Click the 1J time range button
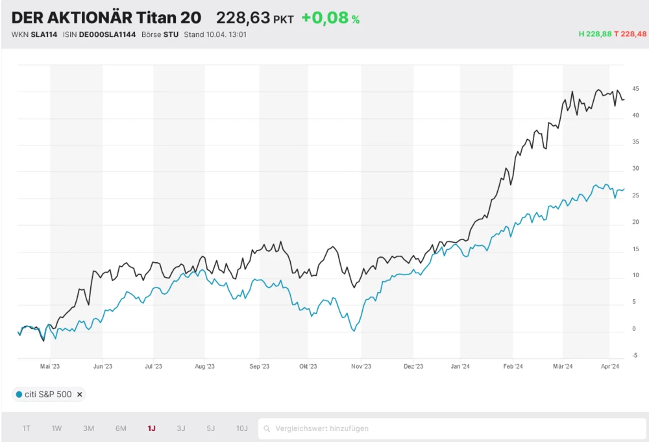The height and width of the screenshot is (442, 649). [x=151, y=428]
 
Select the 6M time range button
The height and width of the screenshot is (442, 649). [x=121, y=428]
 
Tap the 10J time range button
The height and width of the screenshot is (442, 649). [x=241, y=428]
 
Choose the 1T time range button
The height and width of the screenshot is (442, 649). [x=27, y=428]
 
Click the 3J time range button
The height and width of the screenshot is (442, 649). [x=181, y=428]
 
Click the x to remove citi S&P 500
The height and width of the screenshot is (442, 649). [x=79, y=394]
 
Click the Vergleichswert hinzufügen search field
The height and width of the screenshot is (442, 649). [x=448, y=428]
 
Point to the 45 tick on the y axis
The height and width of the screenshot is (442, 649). [x=635, y=89]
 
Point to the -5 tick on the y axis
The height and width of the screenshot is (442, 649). [x=635, y=356]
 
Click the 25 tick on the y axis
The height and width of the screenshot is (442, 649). [x=635, y=195]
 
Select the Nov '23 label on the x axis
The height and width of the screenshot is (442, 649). [x=361, y=367]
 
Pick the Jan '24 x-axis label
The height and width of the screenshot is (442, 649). [x=460, y=367]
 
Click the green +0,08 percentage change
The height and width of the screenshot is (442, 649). [x=330, y=18]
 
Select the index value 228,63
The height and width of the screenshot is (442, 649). [x=243, y=18]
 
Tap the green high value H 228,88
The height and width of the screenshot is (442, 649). [x=595, y=34]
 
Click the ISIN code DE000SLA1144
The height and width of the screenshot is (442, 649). [x=107, y=34]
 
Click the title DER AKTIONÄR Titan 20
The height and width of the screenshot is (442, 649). [x=106, y=18]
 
